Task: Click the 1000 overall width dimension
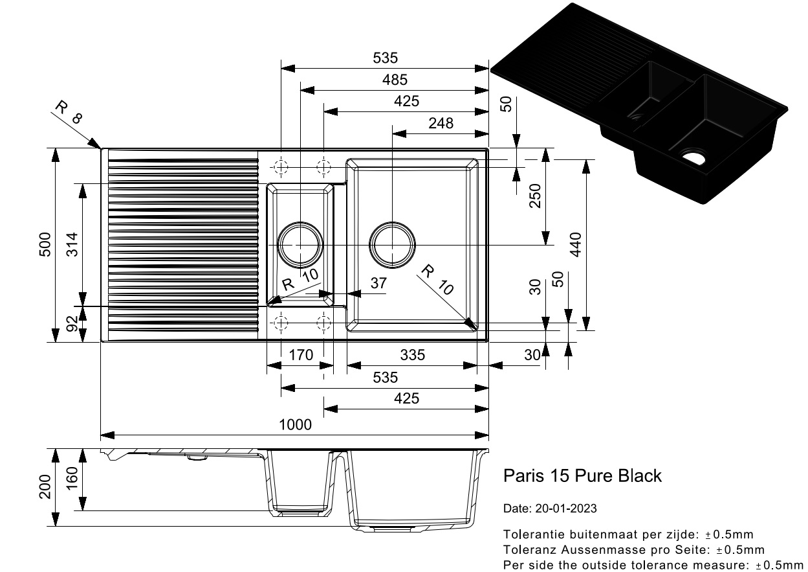[x=295, y=425]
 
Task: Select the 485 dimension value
[x=395, y=80]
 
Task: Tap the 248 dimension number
[x=441, y=122]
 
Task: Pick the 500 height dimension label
[x=45, y=244]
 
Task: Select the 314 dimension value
[x=72, y=244]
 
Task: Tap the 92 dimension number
[x=72, y=323]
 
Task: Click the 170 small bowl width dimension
[x=301, y=355]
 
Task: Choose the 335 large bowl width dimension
[x=412, y=355]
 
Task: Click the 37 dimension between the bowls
[x=378, y=283]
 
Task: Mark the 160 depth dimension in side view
[x=72, y=479]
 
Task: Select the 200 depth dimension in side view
[x=45, y=486]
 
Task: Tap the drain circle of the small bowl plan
[x=300, y=245]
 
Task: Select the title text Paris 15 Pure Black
[x=582, y=476]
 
